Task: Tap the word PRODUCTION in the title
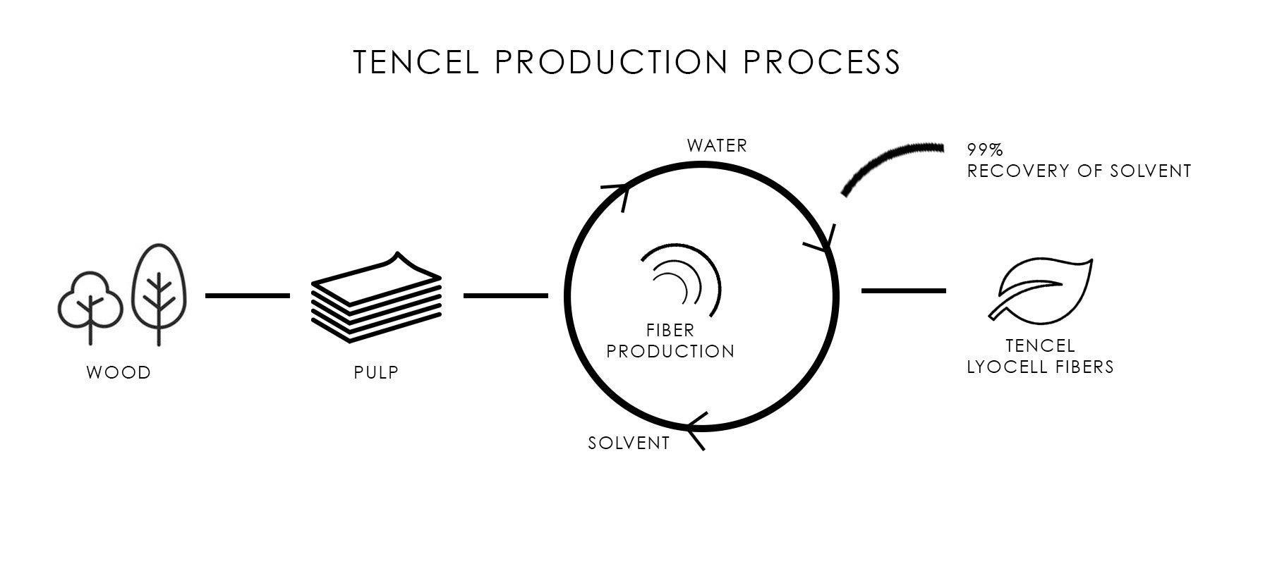[611, 62]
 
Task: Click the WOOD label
[119, 372]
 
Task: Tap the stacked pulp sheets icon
[376, 300]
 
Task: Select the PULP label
[376, 372]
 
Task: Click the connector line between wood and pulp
[247, 295]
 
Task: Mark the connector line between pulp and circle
[505, 295]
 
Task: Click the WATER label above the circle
[716, 146]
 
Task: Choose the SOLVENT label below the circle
[629, 443]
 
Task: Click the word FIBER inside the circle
[670, 330]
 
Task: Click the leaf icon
[1041, 289]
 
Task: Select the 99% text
[985, 149]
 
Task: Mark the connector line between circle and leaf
[903, 290]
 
